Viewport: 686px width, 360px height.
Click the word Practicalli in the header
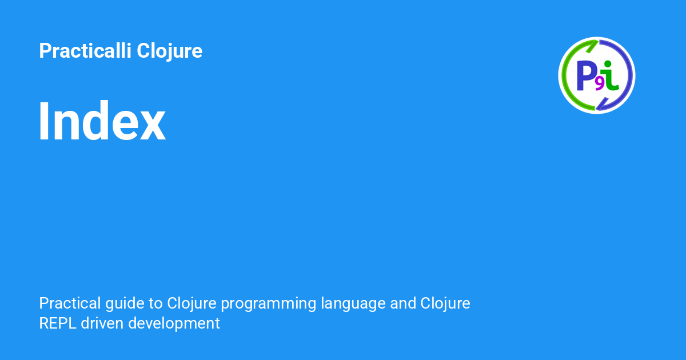click(x=85, y=50)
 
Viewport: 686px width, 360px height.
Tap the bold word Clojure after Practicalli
click(x=169, y=51)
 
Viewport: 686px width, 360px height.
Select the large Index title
click(x=102, y=121)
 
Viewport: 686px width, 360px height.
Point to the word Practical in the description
click(x=70, y=303)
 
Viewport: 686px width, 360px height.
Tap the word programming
click(x=269, y=304)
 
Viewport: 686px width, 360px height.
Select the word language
click(x=353, y=304)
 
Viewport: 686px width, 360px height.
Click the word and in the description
click(x=402, y=303)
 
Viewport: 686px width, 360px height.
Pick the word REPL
click(x=58, y=323)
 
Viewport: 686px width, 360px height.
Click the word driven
click(x=102, y=323)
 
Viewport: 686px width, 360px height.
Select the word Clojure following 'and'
click(x=445, y=304)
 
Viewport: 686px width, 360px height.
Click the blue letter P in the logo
click(x=585, y=75)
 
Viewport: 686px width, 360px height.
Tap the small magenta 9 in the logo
click(x=599, y=84)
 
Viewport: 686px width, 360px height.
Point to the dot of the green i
click(x=608, y=63)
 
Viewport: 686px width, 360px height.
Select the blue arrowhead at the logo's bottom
click(x=602, y=104)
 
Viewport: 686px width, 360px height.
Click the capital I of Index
click(x=44, y=121)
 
